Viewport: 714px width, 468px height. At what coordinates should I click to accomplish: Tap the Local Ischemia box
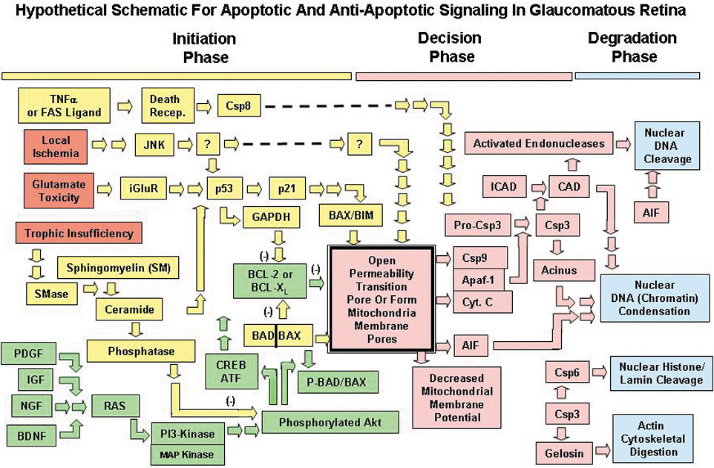tap(56, 145)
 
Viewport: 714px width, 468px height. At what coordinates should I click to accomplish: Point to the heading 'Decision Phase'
tap(449, 47)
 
